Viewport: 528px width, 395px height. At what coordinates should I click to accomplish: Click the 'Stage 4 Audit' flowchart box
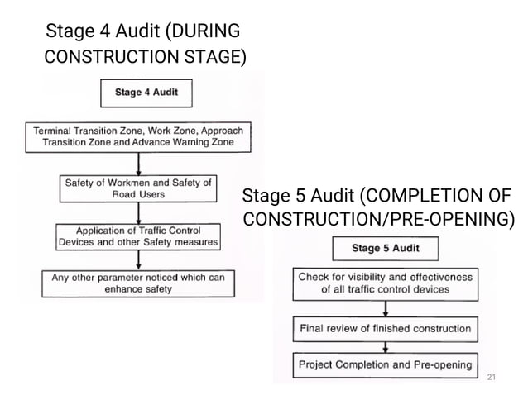coord(146,93)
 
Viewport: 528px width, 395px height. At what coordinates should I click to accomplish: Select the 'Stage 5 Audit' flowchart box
coord(385,248)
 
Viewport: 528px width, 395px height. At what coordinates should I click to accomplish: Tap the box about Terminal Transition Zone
coord(139,136)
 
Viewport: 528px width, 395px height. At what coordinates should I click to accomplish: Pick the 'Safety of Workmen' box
coord(138,188)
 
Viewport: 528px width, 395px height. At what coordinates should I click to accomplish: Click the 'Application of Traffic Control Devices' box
coord(138,236)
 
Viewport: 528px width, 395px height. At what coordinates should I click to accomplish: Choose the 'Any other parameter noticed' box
coord(138,283)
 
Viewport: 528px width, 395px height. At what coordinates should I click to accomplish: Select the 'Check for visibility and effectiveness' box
coord(385,283)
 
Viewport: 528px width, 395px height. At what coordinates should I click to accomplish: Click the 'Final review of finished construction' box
coord(385,329)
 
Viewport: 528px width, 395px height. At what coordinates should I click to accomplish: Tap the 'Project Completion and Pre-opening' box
coord(385,364)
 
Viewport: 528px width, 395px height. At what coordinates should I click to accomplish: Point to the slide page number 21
coord(492,377)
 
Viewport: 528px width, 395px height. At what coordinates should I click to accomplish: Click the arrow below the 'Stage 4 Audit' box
coord(139,115)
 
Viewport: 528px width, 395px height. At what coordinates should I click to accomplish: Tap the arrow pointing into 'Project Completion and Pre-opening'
coord(385,347)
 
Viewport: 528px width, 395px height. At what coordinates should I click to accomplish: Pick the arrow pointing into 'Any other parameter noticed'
coord(138,260)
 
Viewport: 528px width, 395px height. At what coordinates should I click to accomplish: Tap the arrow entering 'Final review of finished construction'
coord(385,309)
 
